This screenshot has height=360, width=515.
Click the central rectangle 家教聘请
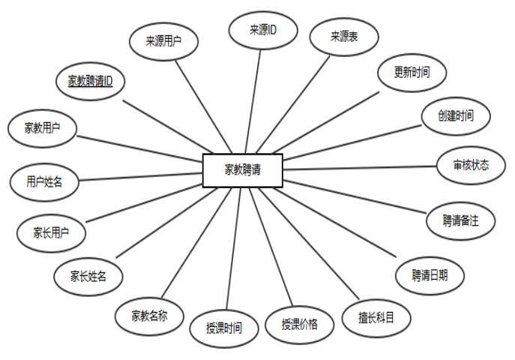click(x=242, y=169)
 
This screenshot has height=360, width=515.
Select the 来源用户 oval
click(x=163, y=42)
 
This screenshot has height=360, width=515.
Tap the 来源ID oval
click(x=263, y=30)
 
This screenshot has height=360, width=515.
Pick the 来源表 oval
click(x=343, y=36)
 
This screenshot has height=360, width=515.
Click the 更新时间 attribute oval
click(x=411, y=73)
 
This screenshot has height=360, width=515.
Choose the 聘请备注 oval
click(x=460, y=220)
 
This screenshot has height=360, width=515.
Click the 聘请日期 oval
click(x=430, y=274)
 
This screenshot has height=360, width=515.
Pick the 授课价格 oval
click(x=299, y=324)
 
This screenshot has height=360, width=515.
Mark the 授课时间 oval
click(x=224, y=328)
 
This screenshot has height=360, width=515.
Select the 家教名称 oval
click(x=149, y=314)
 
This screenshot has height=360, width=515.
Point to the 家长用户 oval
click(x=51, y=232)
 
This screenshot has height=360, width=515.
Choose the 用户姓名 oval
click(x=44, y=181)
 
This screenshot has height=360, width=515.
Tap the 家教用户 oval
click(x=42, y=127)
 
